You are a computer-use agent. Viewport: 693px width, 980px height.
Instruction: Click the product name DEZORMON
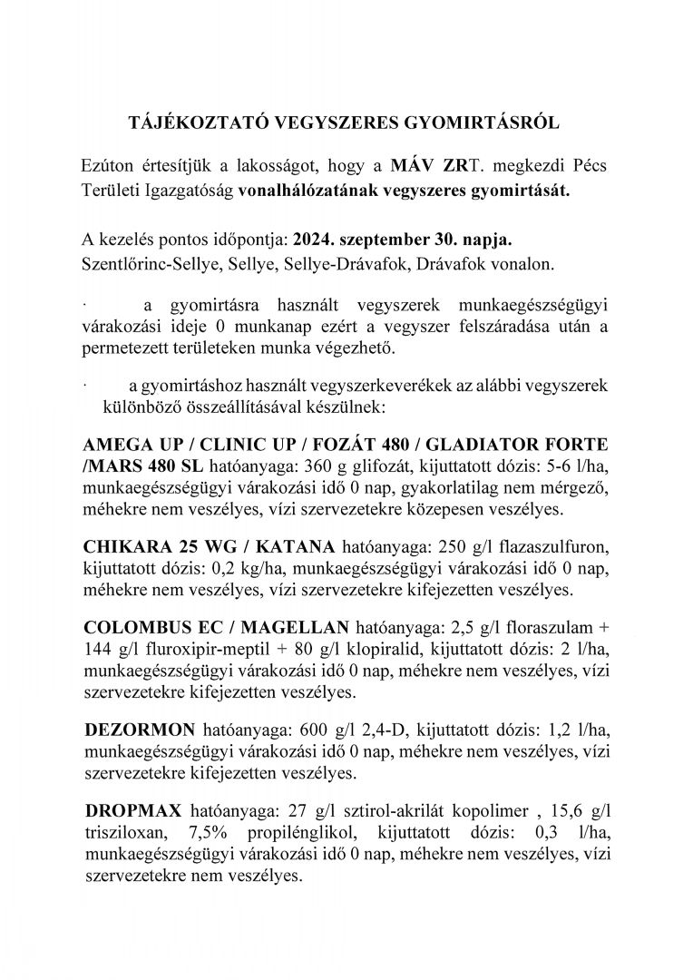pyautogui.click(x=132, y=730)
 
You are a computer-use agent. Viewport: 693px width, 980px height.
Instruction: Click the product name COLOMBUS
pyautogui.click(x=133, y=627)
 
